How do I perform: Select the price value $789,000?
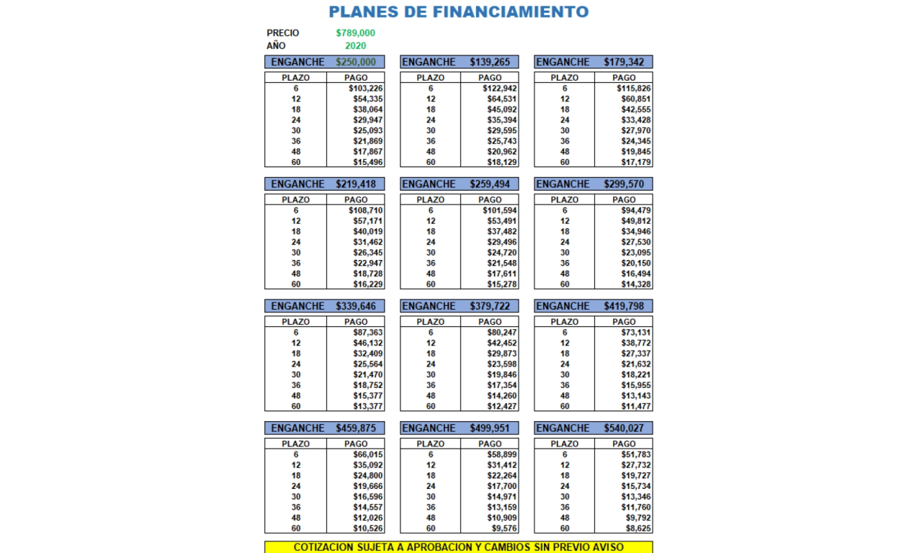(355, 33)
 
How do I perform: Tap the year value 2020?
(355, 46)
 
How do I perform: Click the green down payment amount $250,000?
(356, 63)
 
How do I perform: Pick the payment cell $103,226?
(365, 89)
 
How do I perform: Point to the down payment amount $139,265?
(490, 63)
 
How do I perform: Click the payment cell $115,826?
(634, 89)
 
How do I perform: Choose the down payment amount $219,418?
(356, 184)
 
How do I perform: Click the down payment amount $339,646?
(356, 307)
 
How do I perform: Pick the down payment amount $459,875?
(356, 428)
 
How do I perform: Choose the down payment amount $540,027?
(624, 428)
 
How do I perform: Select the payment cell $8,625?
(637, 529)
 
